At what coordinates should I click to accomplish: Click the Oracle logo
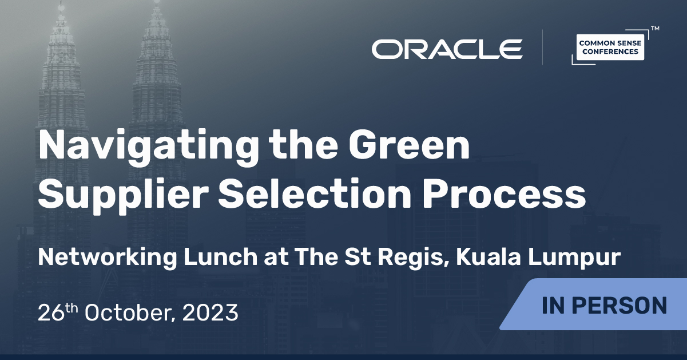click(447, 49)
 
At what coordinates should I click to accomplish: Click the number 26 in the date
click(49, 313)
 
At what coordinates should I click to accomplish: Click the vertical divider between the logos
click(542, 48)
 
